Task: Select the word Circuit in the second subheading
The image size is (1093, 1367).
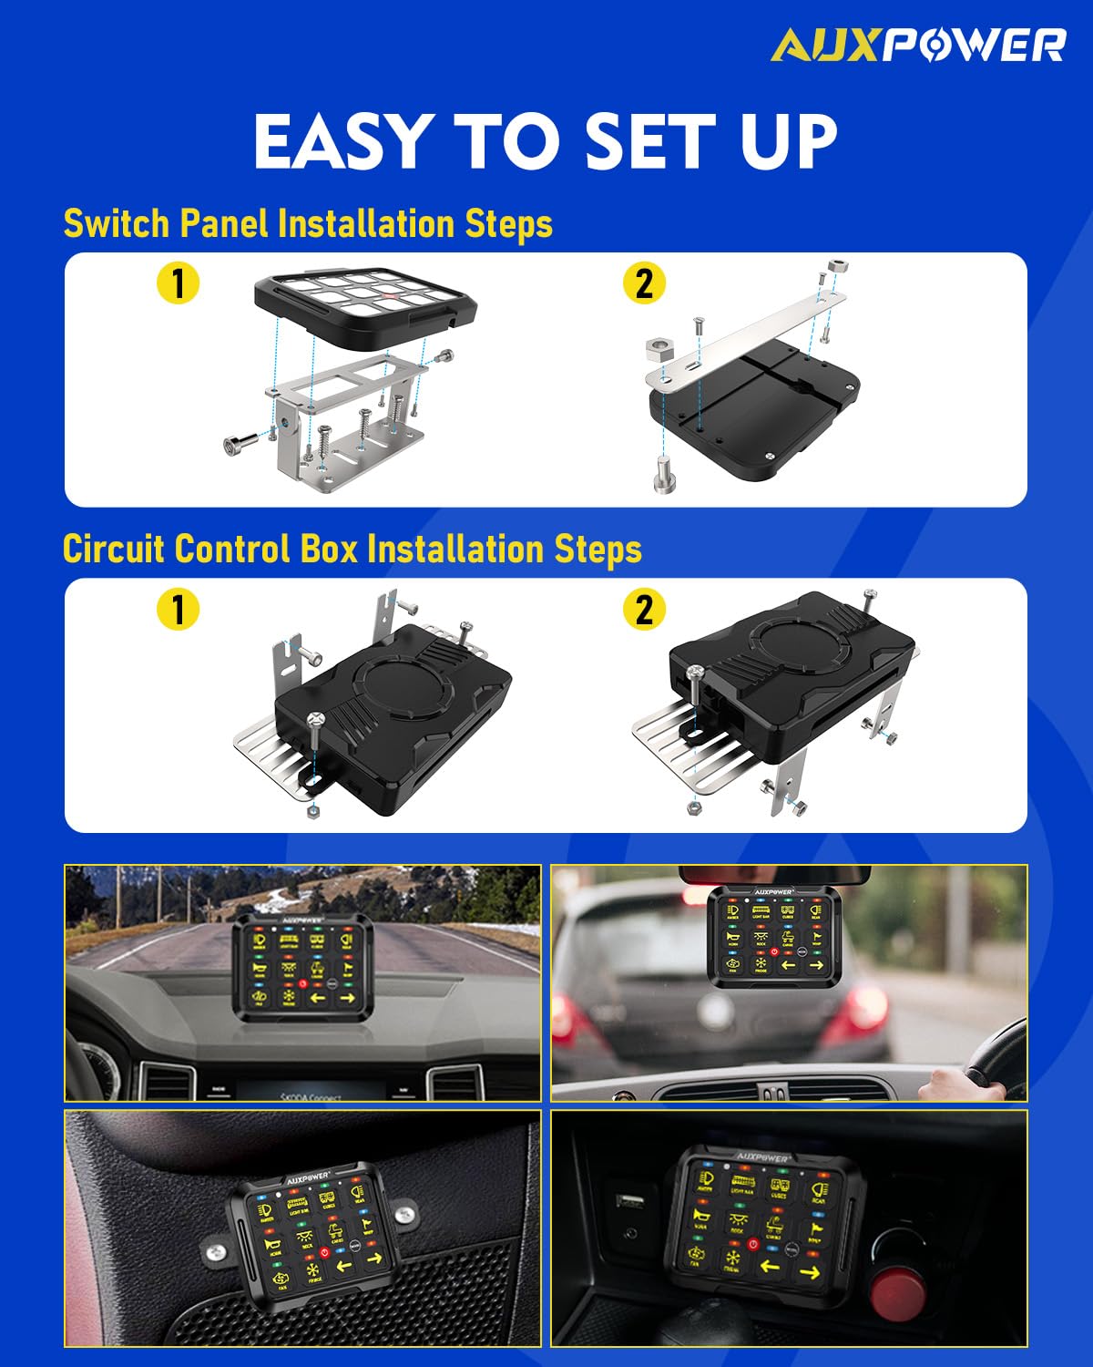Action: (114, 550)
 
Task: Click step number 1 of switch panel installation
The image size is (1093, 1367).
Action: (178, 283)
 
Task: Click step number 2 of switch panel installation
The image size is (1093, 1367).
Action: (644, 283)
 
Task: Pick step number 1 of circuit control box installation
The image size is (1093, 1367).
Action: (178, 609)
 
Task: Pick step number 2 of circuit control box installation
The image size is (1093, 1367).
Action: (644, 609)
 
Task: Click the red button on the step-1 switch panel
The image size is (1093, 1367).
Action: (388, 296)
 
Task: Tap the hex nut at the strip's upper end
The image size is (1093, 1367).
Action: (837, 269)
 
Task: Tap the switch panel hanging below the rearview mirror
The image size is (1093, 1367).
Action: (771, 936)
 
